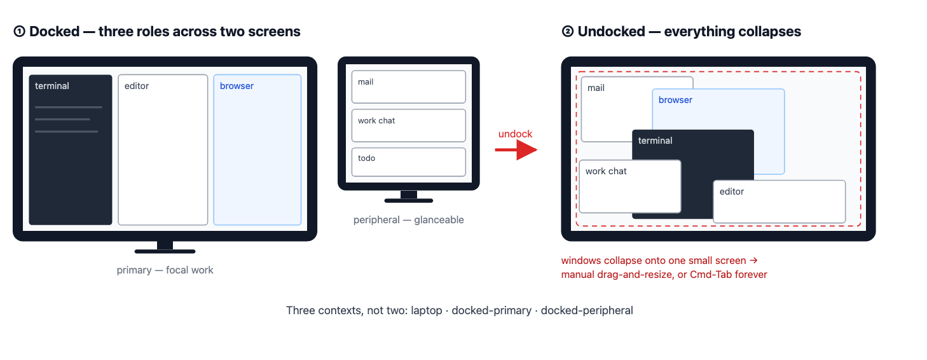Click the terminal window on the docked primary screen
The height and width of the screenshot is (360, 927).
coord(71,150)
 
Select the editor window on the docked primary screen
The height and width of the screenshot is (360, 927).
coord(163,150)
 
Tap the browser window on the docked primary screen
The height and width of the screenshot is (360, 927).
coord(257,150)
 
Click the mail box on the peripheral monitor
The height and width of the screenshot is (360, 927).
coord(408,87)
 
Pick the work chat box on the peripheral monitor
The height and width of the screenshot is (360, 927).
coord(408,125)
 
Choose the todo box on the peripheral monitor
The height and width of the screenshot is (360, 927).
coord(408,162)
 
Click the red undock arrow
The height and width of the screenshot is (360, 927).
coord(516,150)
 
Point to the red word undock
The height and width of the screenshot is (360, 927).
coord(515,134)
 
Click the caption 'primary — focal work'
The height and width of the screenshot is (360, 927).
coord(165,270)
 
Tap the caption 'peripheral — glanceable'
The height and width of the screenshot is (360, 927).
coord(408,219)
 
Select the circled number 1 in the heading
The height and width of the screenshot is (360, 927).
coord(20,31)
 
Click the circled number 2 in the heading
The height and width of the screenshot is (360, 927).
coord(568,31)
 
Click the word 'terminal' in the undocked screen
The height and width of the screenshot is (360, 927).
coord(655,141)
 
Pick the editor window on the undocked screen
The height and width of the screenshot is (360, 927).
coord(779,202)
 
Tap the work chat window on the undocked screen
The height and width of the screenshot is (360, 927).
coord(630,186)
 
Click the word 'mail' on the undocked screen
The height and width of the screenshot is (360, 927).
coord(596,88)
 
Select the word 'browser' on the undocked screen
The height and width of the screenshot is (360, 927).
coord(675,100)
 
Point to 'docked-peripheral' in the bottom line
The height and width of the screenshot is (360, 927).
coord(587,311)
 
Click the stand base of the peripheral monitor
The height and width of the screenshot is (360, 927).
coord(408,201)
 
